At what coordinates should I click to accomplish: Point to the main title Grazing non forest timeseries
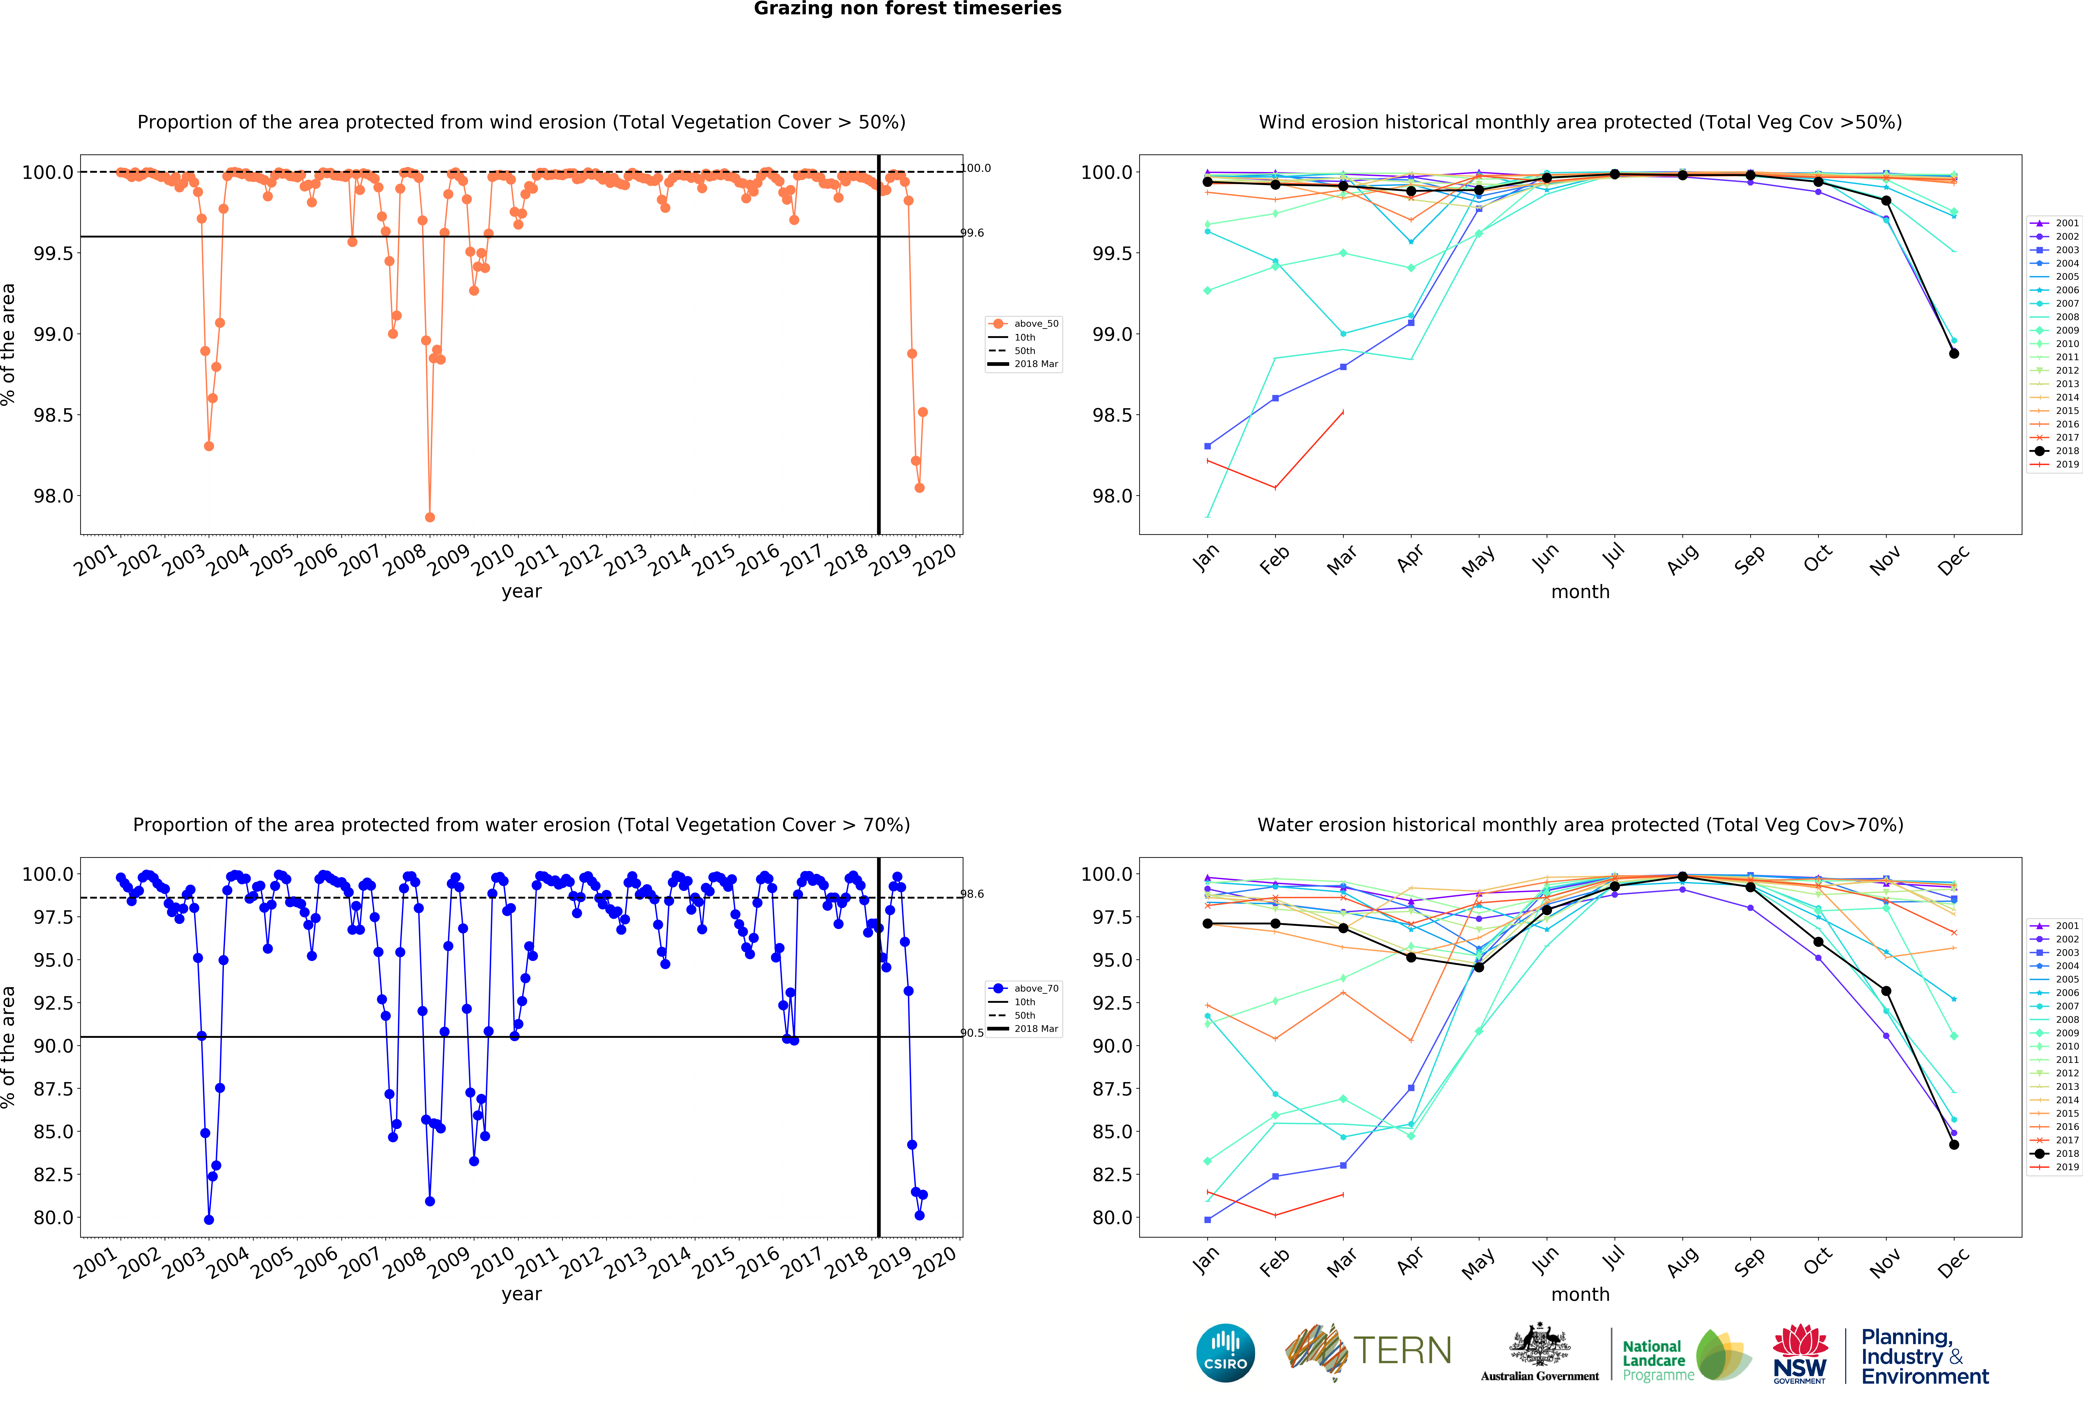point(907,9)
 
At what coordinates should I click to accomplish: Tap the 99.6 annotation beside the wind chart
point(972,233)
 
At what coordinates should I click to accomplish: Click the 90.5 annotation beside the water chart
point(972,1033)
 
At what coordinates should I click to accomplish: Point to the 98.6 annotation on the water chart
point(972,894)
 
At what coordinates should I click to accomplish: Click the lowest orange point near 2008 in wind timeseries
point(429,517)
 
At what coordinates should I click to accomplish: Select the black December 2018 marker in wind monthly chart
point(1954,354)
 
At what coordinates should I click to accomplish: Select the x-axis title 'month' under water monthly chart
point(1580,1294)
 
